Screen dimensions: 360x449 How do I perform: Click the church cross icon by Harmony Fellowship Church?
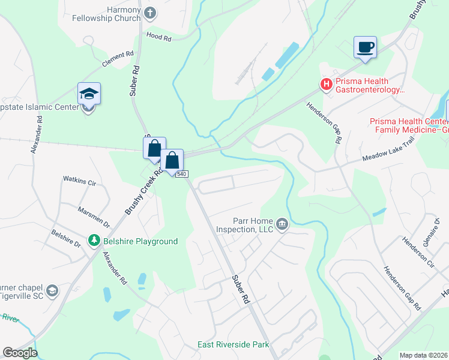150,12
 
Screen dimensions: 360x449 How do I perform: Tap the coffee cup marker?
365,47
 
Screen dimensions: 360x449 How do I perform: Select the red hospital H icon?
326,84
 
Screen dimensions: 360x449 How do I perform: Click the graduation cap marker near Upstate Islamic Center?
89,94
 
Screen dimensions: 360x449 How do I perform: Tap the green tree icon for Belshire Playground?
94,241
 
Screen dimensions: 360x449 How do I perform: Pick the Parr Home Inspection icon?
282,225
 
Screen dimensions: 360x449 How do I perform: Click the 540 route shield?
183,174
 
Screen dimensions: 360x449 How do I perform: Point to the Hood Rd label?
159,37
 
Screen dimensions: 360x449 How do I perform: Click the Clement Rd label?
118,59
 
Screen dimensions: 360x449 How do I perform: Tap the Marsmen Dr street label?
94,217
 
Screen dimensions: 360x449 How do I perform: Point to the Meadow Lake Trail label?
384,155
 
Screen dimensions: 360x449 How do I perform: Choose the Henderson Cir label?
418,251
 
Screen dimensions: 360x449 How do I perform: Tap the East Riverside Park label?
234,345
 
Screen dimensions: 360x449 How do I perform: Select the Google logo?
20,353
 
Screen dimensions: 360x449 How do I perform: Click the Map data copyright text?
423,355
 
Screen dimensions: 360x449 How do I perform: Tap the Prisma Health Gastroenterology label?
370,85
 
